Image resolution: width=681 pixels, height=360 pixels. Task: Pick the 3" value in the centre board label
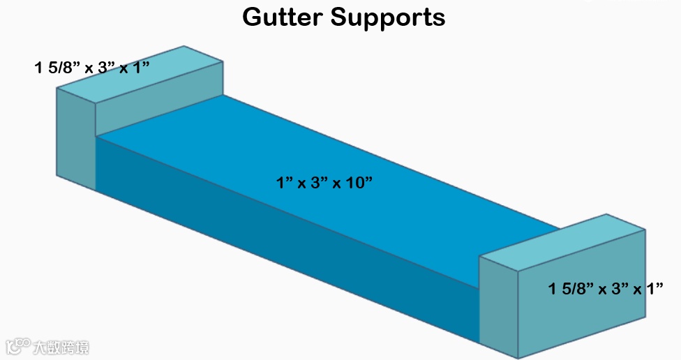[318, 183]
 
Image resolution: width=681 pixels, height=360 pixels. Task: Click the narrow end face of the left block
[75, 139]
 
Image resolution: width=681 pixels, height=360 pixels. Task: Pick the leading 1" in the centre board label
[284, 183]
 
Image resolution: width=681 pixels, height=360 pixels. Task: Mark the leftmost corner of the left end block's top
[57, 89]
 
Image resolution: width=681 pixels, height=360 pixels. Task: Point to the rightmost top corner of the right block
[645, 230]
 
